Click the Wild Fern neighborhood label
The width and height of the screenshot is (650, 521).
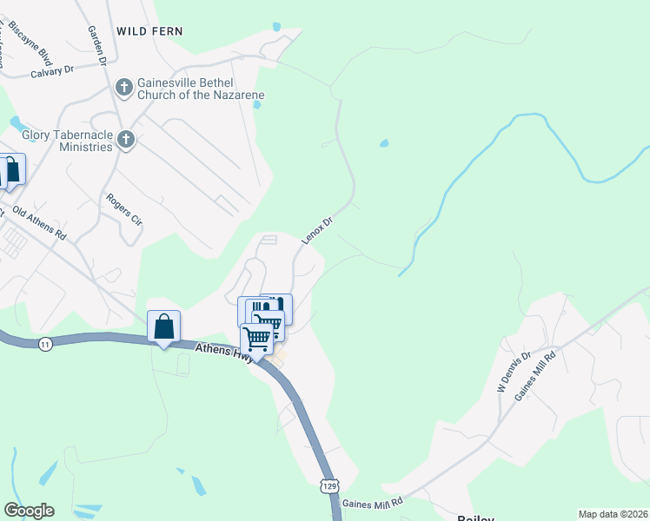pos(149,31)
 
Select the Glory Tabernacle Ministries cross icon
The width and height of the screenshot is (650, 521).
pos(126,139)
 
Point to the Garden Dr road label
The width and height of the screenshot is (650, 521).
pos(96,46)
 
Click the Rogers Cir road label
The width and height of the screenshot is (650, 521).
pos(123,209)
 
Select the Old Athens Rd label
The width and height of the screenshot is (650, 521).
pos(39,222)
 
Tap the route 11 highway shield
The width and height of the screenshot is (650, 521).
pos(44,345)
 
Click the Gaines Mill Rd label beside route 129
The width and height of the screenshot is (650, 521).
pos(373,503)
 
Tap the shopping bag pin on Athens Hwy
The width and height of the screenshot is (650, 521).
pos(163,327)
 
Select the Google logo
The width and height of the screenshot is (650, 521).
pos(29,511)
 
